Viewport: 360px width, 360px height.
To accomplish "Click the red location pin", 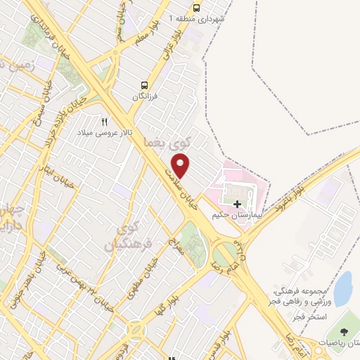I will [x=181, y=166].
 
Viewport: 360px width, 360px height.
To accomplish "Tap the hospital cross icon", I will [x=236, y=204].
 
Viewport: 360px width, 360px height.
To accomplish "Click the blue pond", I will [x=342, y=288].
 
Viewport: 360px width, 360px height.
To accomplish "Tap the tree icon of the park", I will [x=344, y=332].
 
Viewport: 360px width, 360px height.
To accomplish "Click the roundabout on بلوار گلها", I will [x=136, y=330].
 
